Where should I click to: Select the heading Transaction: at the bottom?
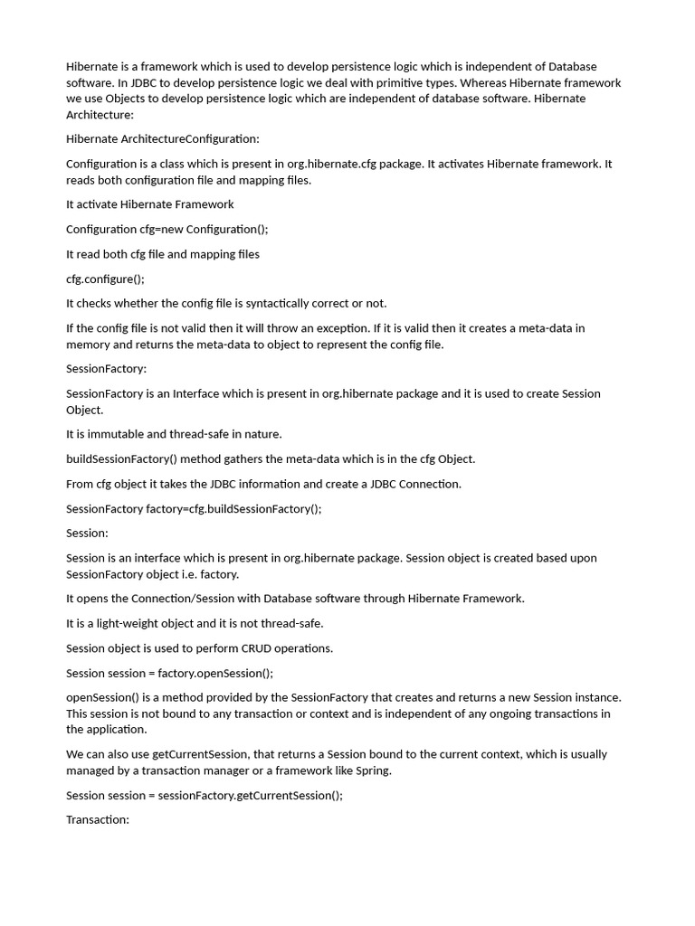click(x=98, y=819)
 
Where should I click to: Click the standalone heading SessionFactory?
click(x=106, y=369)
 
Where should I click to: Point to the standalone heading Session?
click(x=87, y=533)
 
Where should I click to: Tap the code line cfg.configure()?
click(x=105, y=279)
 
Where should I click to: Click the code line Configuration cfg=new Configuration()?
click(x=167, y=229)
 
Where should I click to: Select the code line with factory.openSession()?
click(x=169, y=673)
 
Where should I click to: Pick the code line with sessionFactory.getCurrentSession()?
click(x=205, y=795)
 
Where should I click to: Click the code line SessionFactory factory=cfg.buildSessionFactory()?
click(x=194, y=508)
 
